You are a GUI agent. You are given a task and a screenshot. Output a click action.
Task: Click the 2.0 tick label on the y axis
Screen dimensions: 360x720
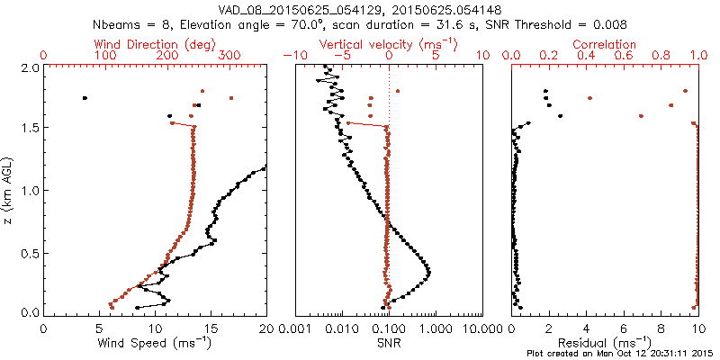tap(29, 67)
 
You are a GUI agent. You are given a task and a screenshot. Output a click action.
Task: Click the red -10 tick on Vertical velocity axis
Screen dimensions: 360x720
tap(290, 55)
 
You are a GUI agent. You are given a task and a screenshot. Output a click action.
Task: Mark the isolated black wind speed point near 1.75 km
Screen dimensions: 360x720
tap(85, 98)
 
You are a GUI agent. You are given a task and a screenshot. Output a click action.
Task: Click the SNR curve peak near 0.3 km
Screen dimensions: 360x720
tap(428, 273)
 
